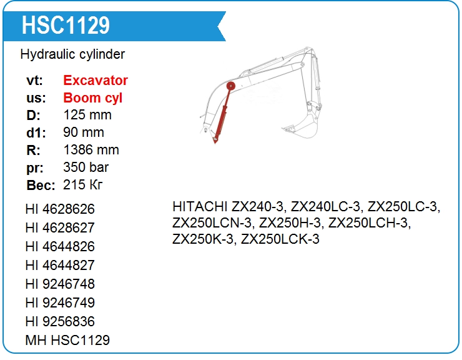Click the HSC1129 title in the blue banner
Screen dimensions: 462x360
click(66, 25)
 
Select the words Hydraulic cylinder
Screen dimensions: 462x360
click(72, 54)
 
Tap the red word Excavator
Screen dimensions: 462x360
click(96, 80)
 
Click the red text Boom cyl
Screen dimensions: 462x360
click(93, 98)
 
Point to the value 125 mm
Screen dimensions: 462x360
click(87, 115)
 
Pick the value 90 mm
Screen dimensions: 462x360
click(84, 132)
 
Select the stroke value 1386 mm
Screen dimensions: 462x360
click(91, 149)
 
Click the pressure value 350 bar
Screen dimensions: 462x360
click(86, 167)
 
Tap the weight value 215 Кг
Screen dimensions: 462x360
click(83, 185)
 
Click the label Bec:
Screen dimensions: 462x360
click(41, 185)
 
